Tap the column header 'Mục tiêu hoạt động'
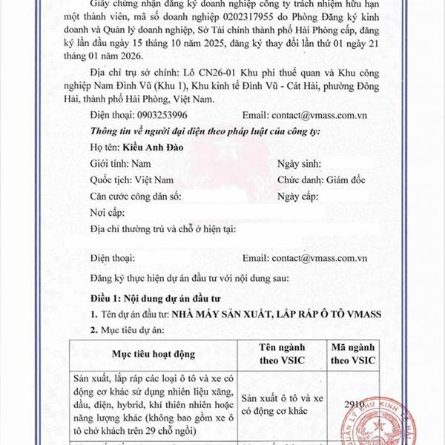click(x=151, y=352)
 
